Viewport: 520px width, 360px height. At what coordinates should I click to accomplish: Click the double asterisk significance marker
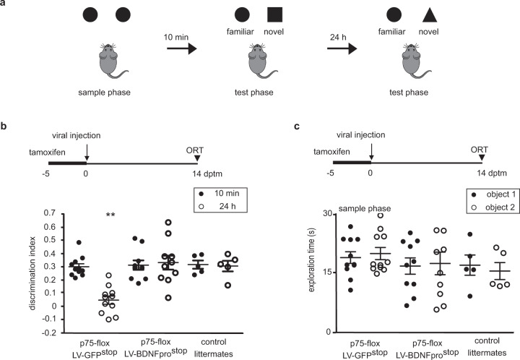tap(110, 215)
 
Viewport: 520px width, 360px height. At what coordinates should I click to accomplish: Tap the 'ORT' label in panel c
tap(479, 150)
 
